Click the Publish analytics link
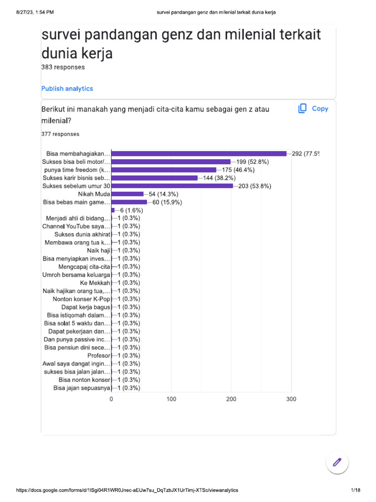(x=67, y=89)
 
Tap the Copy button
(x=313, y=109)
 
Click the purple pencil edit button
(x=337, y=462)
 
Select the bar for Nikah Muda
(x=127, y=194)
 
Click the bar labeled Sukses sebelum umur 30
(x=172, y=186)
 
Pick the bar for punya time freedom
(x=164, y=170)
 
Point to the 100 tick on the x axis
(x=171, y=400)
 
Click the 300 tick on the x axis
(x=291, y=400)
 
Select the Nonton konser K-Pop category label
(x=81, y=299)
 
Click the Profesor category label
(x=98, y=355)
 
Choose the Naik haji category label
(x=98, y=251)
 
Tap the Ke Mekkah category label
(x=95, y=283)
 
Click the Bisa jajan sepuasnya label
(x=82, y=388)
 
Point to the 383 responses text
(x=63, y=67)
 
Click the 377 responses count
(x=61, y=134)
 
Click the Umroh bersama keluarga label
(x=76, y=275)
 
